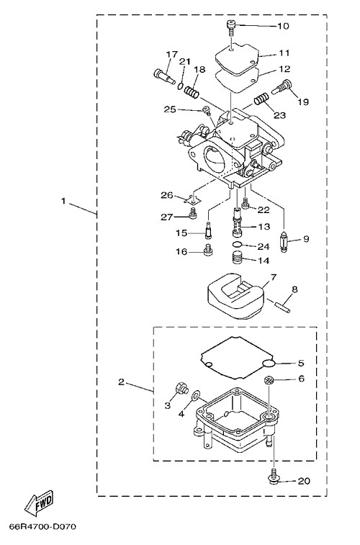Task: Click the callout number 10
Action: pos(283,26)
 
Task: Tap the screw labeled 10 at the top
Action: pos(230,27)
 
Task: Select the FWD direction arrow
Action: pos(39,503)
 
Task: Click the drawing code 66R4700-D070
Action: pos(43,526)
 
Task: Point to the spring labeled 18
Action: pos(192,92)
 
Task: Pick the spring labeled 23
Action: pos(261,99)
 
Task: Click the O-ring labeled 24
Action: pos(237,245)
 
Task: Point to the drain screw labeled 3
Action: pos(181,388)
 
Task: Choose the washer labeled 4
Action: pos(196,394)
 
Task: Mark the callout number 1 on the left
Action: pos(63,202)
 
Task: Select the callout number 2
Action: pos(121,382)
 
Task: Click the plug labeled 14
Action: pos(237,260)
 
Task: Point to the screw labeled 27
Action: pos(192,213)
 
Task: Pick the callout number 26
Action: pos(167,195)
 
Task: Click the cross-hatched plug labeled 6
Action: pos(269,380)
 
